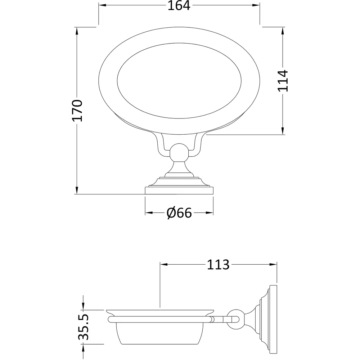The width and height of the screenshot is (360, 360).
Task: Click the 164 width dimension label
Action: click(x=179, y=6)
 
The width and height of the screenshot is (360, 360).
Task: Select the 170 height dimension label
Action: click(x=77, y=110)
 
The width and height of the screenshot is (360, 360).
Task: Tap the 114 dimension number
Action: click(x=283, y=81)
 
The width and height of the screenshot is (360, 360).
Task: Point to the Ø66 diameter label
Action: click(x=179, y=213)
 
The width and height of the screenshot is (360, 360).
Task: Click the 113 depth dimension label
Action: click(x=218, y=265)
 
